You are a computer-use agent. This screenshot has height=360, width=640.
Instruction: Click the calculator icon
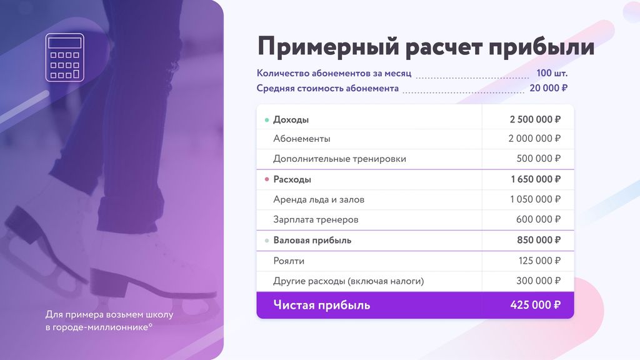click(x=64, y=57)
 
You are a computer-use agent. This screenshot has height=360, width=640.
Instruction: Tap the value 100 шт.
click(x=552, y=73)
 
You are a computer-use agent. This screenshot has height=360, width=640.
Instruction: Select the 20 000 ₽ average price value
click(x=548, y=88)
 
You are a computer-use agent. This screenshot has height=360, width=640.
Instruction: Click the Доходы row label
click(x=291, y=119)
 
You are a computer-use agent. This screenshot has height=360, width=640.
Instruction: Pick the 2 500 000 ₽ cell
click(x=535, y=119)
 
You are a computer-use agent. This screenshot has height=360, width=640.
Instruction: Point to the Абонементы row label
click(x=302, y=139)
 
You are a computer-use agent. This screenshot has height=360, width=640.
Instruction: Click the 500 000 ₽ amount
click(x=539, y=159)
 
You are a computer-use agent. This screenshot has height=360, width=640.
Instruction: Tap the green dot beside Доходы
click(x=267, y=119)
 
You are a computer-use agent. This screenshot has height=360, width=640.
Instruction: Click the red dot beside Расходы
click(x=267, y=179)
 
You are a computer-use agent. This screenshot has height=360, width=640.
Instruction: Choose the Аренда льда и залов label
click(x=319, y=199)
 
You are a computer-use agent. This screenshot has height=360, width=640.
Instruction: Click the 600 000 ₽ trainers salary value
click(x=539, y=219)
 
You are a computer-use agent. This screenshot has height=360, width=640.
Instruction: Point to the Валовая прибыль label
click(x=312, y=240)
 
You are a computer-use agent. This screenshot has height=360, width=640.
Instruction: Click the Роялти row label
click(x=289, y=261)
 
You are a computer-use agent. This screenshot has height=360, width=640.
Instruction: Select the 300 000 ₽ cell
click(x=539, y=281)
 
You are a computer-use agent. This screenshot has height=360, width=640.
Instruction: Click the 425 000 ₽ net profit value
click(x=535, y=306)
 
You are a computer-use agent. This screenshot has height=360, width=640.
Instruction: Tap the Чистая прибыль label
click(x=321, y=306)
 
